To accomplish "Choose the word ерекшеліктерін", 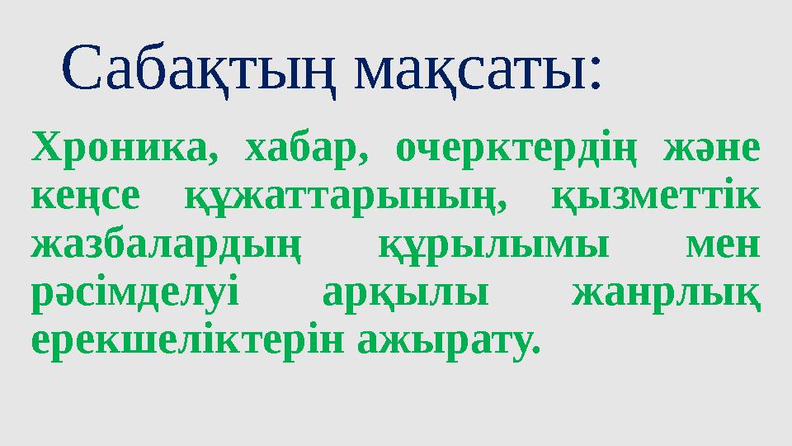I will click(186, 340).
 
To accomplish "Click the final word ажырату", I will click(445, 340).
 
